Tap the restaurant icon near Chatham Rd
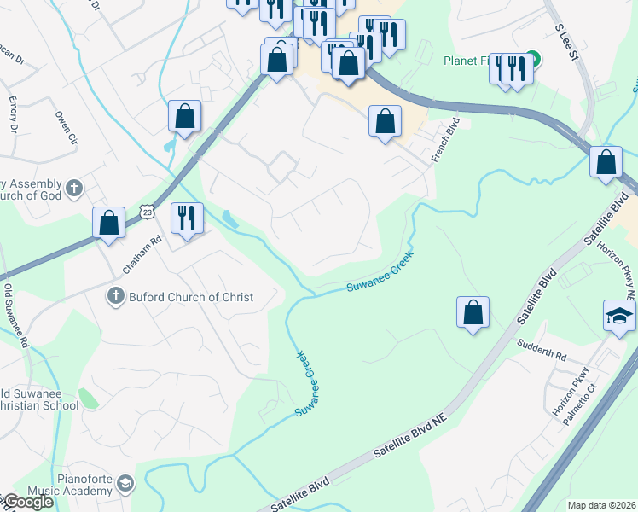pyautogui.click(x=186, y=218)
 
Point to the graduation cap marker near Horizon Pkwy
pyautogui.click(x=619, y=315)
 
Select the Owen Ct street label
pyautogui.click(x=66, y=126)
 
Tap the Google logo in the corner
pyautogui.click(x=27, y=502)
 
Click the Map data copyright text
pyautogui.click(x=602, y=505)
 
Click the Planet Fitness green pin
pyautogui.click(x=532, y=59)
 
